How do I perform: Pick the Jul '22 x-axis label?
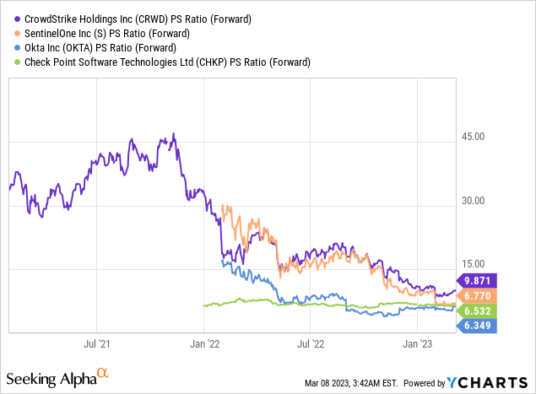coord(311,344)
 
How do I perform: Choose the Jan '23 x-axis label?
coord(419,344)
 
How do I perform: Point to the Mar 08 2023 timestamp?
coord(350,383)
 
